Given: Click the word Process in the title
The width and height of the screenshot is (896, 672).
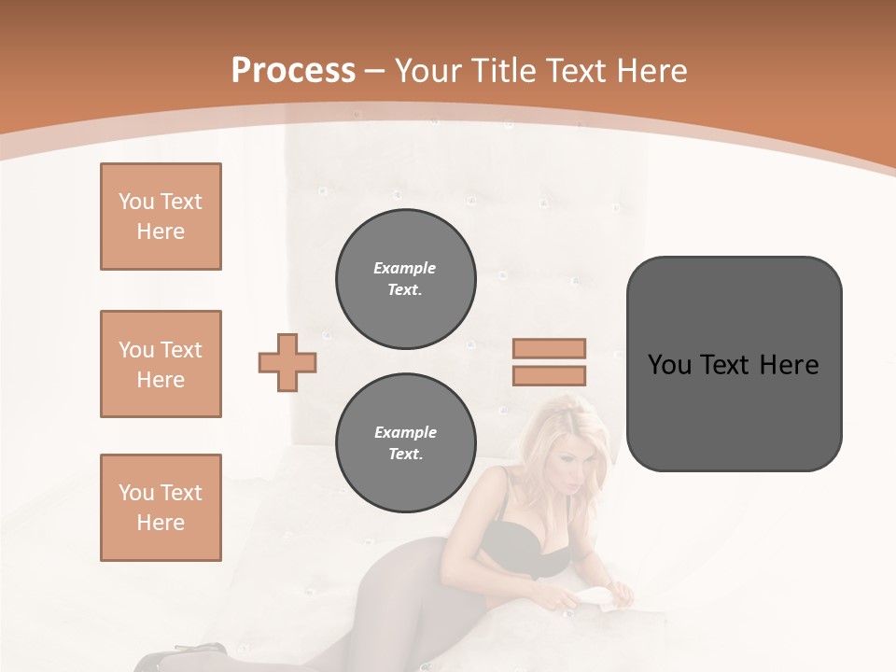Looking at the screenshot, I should pyautogui.click(x=293, y=71).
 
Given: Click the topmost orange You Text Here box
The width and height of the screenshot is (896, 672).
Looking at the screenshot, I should pyautogui.click(x=161, y=217).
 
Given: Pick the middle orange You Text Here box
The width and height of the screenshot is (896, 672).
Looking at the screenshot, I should pyautogui.click(x=161, y=364).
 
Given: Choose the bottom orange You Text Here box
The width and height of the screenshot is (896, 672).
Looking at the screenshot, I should pyautogui.click(x=161, y=508).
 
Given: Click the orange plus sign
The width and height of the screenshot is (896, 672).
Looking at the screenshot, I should pyautogui.click(x=287, y=362).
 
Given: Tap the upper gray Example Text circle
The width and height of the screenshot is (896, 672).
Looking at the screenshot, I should pyautogui.click(x=405, y=279).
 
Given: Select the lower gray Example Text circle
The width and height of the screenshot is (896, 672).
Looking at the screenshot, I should pyautogui.click(x=405, y=443).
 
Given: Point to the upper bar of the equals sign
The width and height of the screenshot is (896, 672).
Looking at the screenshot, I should pyautogui.click(x=549, y=348).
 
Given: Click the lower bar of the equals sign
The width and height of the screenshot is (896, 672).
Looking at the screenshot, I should pyautogui.click(x=549, y=376).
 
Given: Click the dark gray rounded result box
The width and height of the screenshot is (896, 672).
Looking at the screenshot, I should pyautogui.click(x=734, y=411).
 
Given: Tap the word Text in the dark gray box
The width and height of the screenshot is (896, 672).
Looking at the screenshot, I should pyautogui.click(x=723, y=364).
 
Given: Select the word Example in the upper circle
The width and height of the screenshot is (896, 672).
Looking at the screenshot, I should pyautogui.click(x=405, y=268).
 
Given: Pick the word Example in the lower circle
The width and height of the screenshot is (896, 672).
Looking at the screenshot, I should pyautogui.click(x=405, y=432).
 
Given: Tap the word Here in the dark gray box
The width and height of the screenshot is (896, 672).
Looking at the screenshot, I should pyautogui.click(x=790, y=364).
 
